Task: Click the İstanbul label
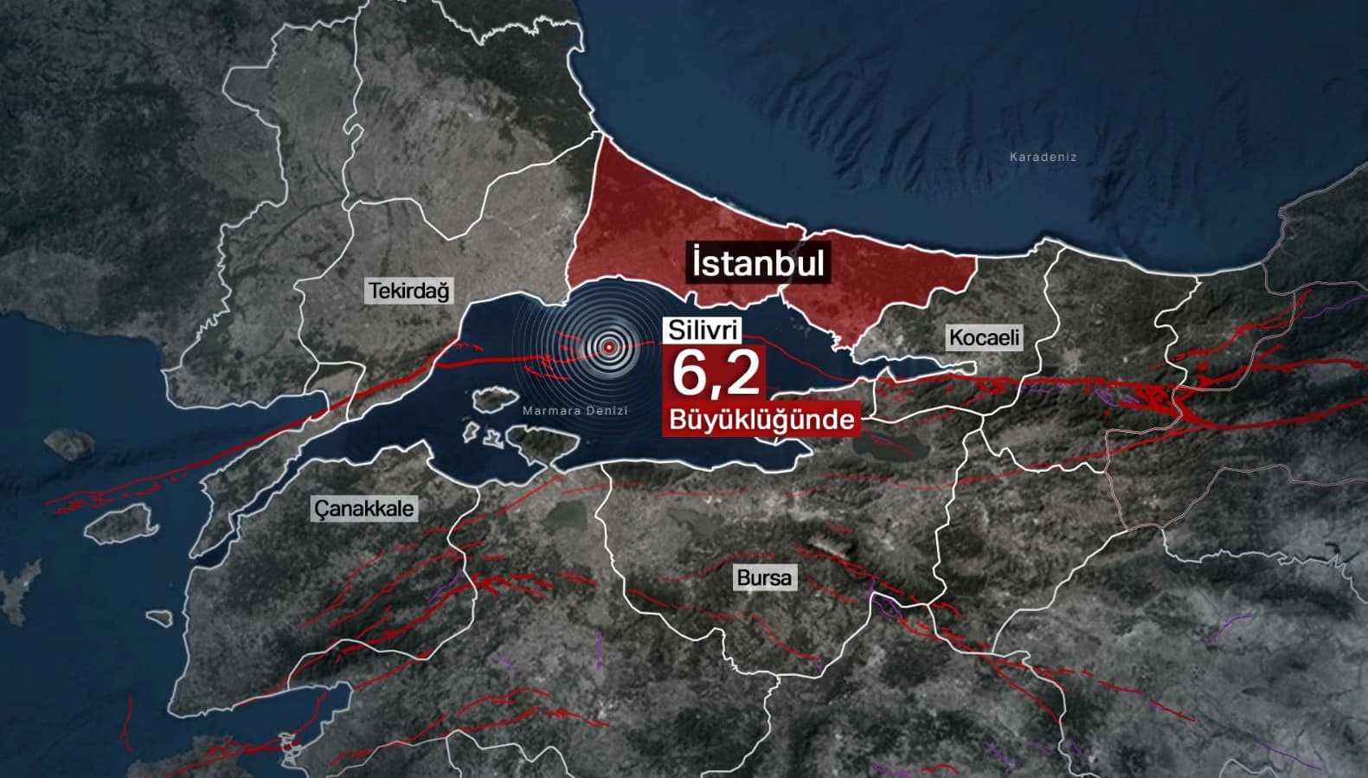click(758, 262)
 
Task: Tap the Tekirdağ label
click(409, 291)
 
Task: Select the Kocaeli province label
click(984, 338)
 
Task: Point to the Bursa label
click(764, 577)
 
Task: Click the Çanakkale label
click(364, 508)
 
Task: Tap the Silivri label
click(703, 330)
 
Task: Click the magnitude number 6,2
click(716, 373)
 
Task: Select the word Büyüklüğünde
click(761, 420)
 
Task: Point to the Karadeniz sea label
click(1043, 158)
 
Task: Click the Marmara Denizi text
click(575, 410)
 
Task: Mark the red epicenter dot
click(609, 347)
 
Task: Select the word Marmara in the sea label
click(551, 410)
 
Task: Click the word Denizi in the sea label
click(607, 410)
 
